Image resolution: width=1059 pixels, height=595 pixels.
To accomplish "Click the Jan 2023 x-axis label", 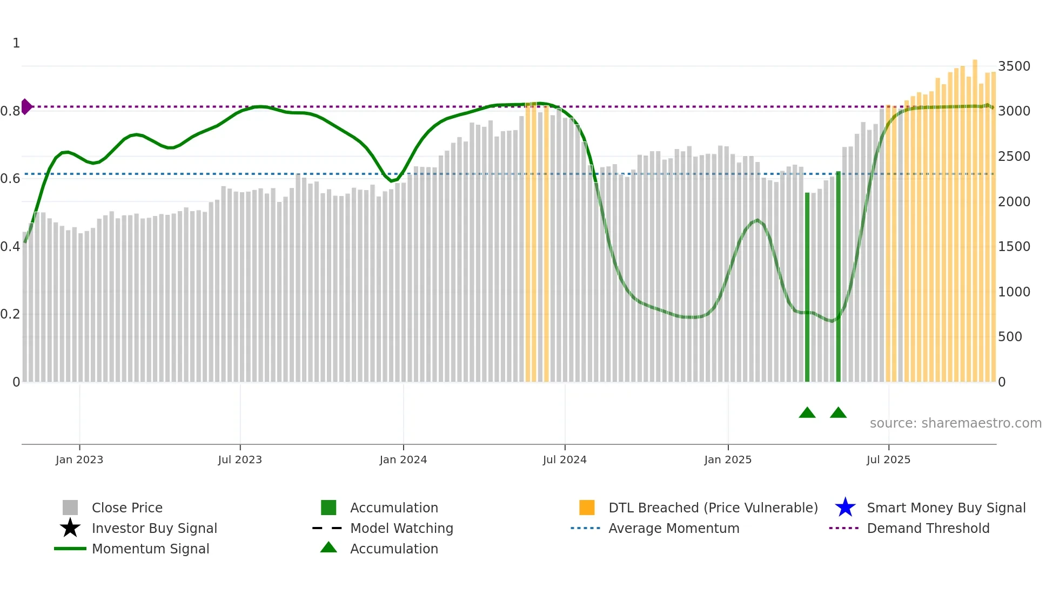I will (79, 459).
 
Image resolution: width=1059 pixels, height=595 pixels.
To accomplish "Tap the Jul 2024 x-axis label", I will (565, 459).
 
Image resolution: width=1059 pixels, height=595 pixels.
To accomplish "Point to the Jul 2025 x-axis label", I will (888, 459).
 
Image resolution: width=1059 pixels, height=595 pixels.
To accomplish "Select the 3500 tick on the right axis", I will (1014, 66).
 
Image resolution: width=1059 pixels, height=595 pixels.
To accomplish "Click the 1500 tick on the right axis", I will (1014, 247).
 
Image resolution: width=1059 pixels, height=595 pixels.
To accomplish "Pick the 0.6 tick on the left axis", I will (10, 179).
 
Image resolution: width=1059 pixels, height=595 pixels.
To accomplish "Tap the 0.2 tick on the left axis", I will (10, 314).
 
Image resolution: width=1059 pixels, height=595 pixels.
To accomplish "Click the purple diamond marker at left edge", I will (26, 106).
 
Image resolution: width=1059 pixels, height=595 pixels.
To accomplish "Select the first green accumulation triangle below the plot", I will (807, 413).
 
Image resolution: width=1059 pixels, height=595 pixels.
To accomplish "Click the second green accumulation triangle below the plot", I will (838, 413).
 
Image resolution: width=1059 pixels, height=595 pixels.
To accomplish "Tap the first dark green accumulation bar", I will (807, 286).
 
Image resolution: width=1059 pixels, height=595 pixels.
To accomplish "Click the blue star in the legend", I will (845, 508).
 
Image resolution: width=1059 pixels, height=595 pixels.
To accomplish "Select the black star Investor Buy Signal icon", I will (70, 528).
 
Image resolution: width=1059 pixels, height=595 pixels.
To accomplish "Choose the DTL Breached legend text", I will (713, 508).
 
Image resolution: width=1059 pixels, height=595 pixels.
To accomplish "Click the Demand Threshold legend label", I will (928, 528).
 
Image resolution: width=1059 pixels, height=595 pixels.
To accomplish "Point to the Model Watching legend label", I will (401, 528).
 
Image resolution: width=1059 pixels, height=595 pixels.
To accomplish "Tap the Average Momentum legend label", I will (674, 528).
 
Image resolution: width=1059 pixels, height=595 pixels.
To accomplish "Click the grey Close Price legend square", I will (70, 508).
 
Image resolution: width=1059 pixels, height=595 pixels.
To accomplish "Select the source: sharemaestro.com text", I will (955, 423).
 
